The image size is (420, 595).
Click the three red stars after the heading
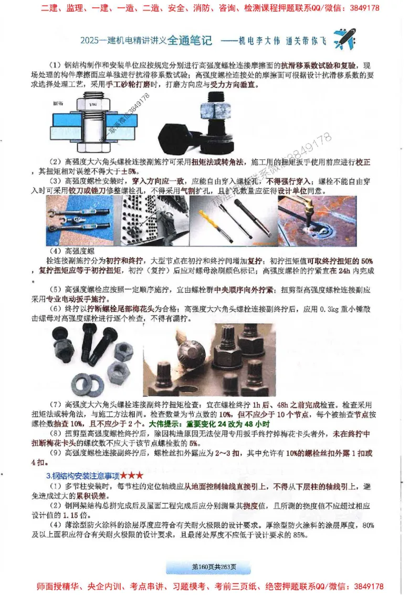coord(132,475)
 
